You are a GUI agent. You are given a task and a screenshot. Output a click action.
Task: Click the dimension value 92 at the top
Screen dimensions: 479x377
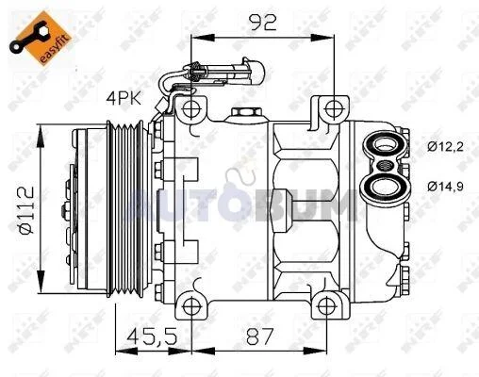(262, 22)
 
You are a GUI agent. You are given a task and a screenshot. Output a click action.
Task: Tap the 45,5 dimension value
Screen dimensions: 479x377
(153, 336)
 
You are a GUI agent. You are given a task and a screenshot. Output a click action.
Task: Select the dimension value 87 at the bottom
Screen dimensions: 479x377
(259, 336)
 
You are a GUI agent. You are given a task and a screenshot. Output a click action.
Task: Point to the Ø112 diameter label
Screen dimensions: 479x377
(26, 210)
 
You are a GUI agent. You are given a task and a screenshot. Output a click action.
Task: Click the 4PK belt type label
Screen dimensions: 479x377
(124, 99)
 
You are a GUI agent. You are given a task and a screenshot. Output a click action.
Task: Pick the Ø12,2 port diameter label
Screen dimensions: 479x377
(445, 147)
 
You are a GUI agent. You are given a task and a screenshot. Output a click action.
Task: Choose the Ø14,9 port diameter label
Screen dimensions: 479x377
(445, 187)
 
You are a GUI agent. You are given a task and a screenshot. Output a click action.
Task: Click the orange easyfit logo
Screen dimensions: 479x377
(41, 38)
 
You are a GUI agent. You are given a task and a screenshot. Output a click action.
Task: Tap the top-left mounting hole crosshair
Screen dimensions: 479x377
(191, 109)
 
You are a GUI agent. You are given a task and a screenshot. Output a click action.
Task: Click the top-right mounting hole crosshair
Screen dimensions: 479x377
(334, 109)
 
